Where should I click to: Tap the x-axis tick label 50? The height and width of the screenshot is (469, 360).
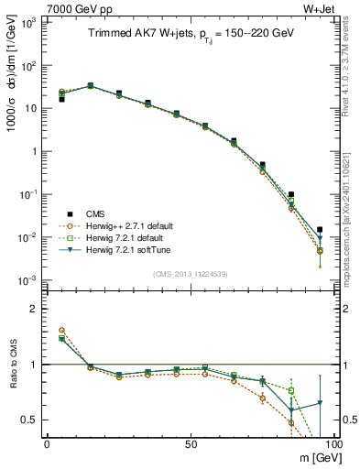191,444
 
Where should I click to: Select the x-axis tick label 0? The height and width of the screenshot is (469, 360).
47,444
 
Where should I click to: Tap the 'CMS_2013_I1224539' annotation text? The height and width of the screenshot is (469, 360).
191,273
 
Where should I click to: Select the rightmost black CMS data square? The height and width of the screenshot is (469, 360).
319,230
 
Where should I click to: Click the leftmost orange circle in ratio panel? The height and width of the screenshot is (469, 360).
61,330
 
